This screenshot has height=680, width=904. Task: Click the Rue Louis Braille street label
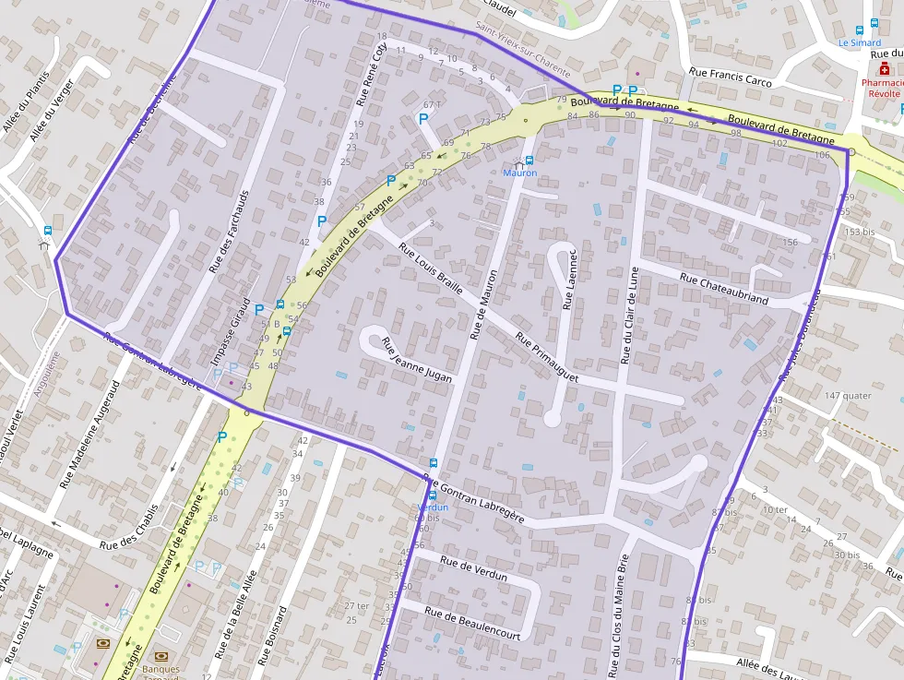[x=430, y=268]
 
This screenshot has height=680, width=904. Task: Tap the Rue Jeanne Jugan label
[x=417, y=360]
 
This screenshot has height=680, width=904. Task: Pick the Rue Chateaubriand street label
[x=723, y=288]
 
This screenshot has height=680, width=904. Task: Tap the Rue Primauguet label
[x=546, y=358]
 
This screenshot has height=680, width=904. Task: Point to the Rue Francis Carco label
[x=731, y=77]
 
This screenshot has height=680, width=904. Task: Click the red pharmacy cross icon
[x=884, y=68]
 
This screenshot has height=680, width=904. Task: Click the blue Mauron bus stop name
[x=519, y=173]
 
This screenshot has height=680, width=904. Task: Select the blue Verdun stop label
[x=433, y=507]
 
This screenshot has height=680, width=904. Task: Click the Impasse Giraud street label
[x=232, y=333]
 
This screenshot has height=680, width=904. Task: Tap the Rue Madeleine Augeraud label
[x=89, y=435]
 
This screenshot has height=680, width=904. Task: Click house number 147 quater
[x=848, y=395]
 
